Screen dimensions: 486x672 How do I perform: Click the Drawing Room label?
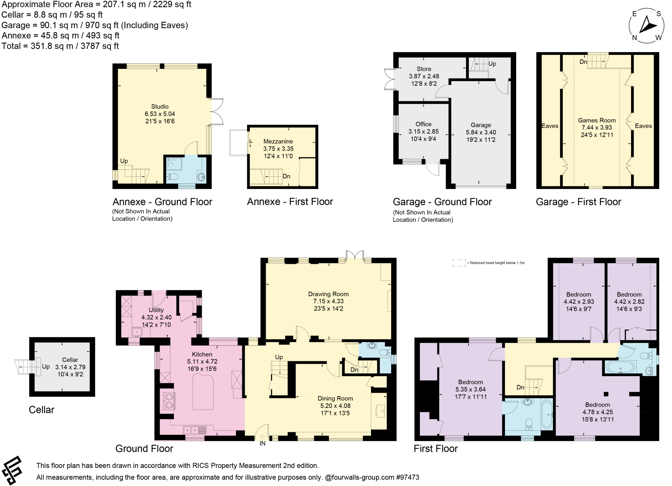pyautogui.click(x=328, y=294)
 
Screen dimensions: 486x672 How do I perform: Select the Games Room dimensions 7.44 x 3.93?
pyautogui.click(x=597, y=128)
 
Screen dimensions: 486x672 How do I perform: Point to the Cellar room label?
pyautogui.click(x=70, y=360)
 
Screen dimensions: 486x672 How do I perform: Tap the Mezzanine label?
pyautogui.click(x=278, y=141)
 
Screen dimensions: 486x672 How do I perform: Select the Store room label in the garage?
pyautogui.click(x=424, y=69)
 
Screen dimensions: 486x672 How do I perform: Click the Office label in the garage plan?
pyautogui.click(x=423, y=124)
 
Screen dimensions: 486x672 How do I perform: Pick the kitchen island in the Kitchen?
pyautogui.click(x=203, y=392)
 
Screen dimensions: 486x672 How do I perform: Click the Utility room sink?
pyautogui.click(x=137, y=332)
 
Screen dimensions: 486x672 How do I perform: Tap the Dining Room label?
pyautogui.click(x=335, y=398)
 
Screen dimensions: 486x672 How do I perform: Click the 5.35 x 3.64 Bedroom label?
pyautogui.click(x=470, y=382)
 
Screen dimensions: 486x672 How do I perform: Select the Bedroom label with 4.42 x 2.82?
pyautogui.click(x=629, y=294)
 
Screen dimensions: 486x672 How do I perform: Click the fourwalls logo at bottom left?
pyautogui.click(x=12, y=470)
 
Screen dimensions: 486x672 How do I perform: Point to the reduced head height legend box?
pyautogui.click(x=459, y=263)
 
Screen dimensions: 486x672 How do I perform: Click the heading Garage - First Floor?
pyautogui.click(x=578, y=202)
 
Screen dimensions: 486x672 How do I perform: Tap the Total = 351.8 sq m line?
pyautogui.click(x=60, y=46)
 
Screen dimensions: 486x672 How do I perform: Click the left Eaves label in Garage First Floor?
pyautogui.click(x=550, y=126)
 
